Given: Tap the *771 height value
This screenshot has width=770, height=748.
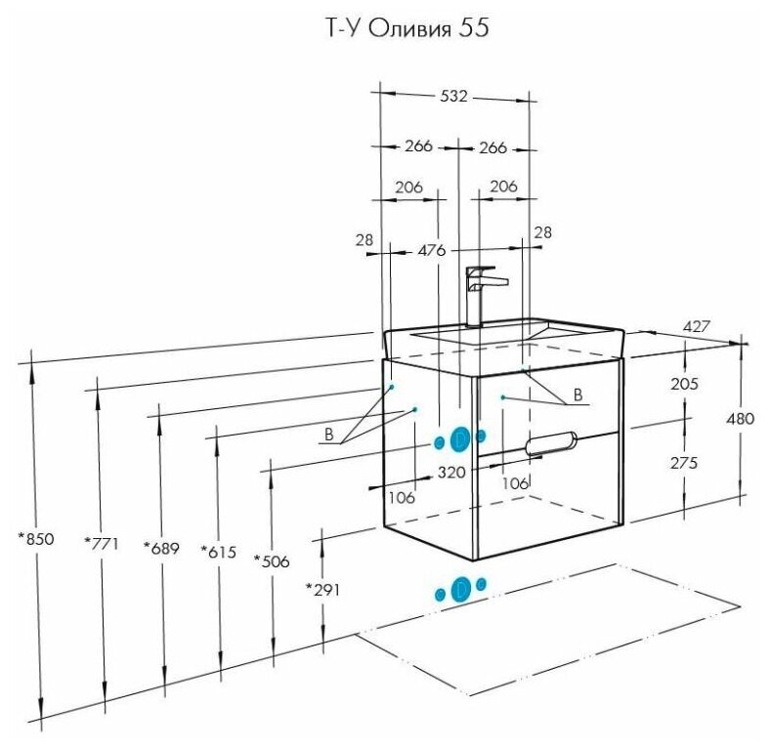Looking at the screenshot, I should [x=101, y=544].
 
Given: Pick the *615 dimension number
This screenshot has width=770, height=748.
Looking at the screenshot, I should [x=219, y=552].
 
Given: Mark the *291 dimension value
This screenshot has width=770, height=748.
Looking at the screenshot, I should [x=322, y=589].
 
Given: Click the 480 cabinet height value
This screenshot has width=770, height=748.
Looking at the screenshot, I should [x=741, y=418].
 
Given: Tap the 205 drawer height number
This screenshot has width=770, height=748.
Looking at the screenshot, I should [x=684, y=384].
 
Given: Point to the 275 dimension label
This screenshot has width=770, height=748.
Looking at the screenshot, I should [x=684, y=464].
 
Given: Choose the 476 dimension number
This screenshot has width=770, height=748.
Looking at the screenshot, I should [x=432, y=250].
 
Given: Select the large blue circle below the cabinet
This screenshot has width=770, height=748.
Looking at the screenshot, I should [x=461, y=589].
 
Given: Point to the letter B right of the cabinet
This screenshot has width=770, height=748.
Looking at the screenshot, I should [x=577, y=395].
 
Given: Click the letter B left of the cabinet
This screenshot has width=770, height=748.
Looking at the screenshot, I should [x=329, y=434].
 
